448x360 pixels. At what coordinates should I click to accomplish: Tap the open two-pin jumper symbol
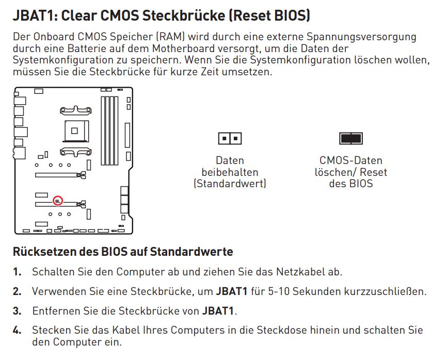pos(230,138)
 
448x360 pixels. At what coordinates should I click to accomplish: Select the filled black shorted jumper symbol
pos(351,138)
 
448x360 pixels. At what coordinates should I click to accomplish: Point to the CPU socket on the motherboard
pos(76,131)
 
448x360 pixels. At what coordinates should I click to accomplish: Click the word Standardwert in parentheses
pos(230,183)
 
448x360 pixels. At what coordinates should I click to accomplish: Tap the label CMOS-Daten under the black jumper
pos(351,160)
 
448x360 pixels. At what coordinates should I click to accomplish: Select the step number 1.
pos(17,272)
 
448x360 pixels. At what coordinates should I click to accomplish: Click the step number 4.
pos(17,330)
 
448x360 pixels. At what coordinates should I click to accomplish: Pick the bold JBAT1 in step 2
pos(232,291)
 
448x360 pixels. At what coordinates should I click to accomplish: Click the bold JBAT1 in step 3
pos(218,311)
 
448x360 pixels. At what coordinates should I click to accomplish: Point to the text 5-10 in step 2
pos(279,291)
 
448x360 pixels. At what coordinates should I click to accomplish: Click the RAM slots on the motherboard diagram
pos(109,131)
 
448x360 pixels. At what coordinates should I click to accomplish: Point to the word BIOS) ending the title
pos(292,15)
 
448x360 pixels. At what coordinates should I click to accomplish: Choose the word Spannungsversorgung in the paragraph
pos(361,37)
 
